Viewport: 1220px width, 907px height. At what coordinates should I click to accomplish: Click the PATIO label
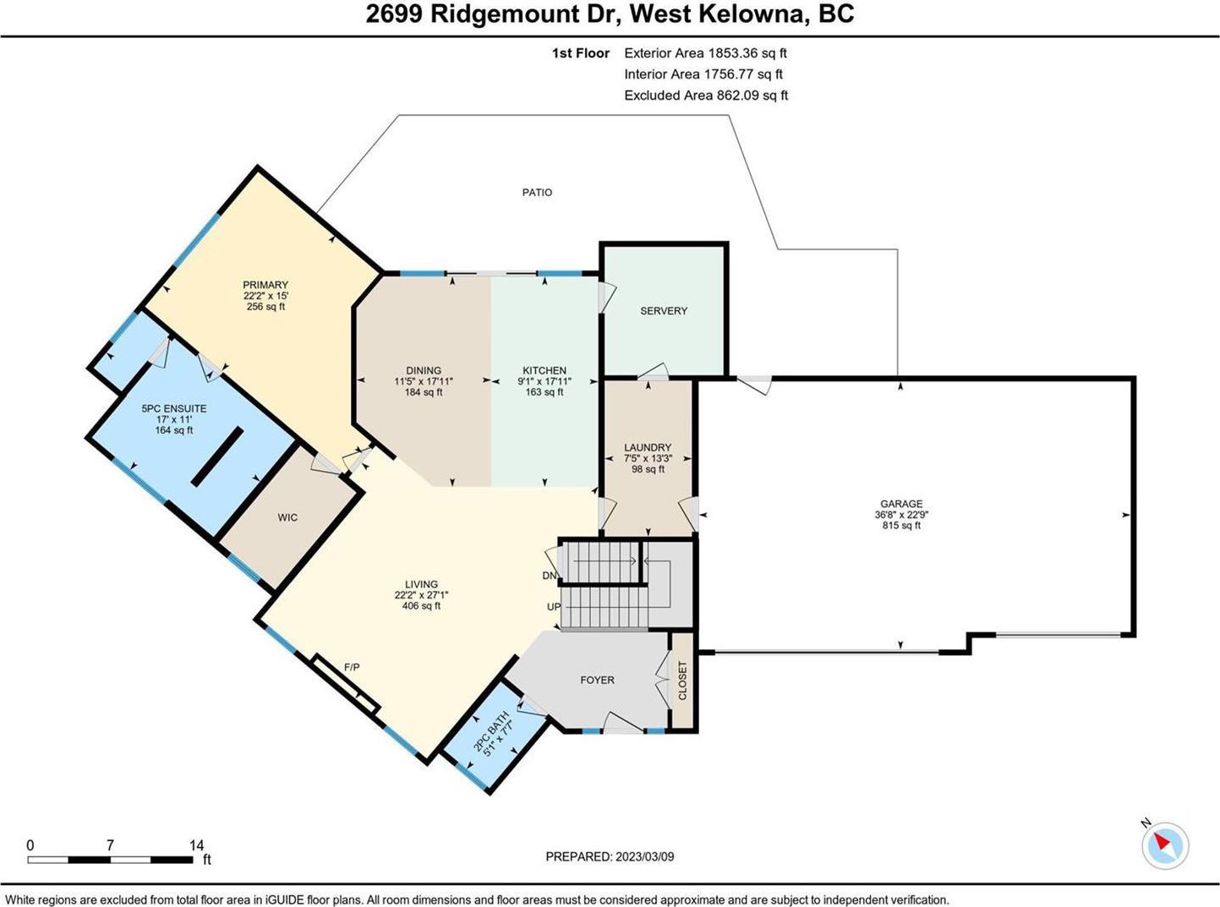click(x=537, y=193)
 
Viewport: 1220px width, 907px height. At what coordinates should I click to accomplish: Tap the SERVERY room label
click(x=664, y=311)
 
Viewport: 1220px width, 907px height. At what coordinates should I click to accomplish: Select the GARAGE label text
click(x=901, y=503)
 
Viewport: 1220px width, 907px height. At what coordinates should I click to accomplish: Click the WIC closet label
click(x=287, y=517)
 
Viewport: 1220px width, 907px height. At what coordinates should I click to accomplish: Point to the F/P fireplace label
click(x=352, y=667)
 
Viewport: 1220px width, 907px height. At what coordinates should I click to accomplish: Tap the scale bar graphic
click(x=110, y=860)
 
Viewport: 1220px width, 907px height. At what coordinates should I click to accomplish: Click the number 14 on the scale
click(x=196, y=844)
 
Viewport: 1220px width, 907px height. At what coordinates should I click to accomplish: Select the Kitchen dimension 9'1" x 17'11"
click(x=544, y=381)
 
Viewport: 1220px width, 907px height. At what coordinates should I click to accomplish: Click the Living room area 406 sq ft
click(x=421, y=605)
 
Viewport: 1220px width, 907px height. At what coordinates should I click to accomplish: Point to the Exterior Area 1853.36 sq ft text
click(x=705, y=53)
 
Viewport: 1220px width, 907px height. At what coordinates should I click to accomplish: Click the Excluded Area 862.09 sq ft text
click(x=706, y=96)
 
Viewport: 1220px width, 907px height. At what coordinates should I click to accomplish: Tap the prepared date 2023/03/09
click(x=644, y=856)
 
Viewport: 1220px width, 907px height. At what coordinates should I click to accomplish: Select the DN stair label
click(x=550, y=576)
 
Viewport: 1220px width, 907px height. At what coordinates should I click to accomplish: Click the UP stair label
click(x=553, y=607)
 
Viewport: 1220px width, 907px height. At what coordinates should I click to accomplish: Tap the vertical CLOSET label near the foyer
click(x=682, y=680)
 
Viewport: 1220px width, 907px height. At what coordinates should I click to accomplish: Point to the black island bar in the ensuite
click(x=216, y=456)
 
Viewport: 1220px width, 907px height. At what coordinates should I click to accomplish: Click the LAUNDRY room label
click(x=648, y=447)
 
